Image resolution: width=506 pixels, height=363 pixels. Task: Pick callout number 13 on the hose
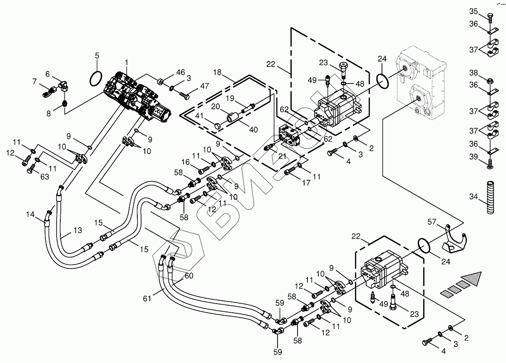[78, 230]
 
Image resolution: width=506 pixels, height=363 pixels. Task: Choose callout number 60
[189, 275]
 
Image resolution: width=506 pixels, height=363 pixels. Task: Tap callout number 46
[180, 72]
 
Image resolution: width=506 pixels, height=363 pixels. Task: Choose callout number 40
[253, 130]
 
